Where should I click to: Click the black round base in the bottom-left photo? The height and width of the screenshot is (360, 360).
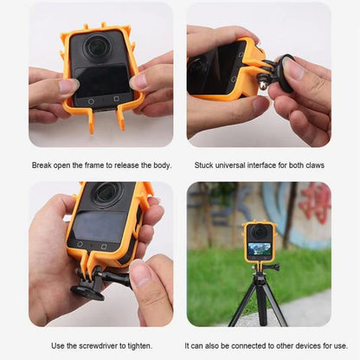[87, 290]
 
